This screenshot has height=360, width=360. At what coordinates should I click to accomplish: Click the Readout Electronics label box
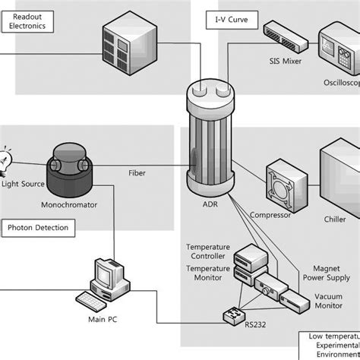pos(28,20)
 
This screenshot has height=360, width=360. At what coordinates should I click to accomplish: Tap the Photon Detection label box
pos(38,227)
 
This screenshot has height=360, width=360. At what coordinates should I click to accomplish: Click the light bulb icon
pos(8,158)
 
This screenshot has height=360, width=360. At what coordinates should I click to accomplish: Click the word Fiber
pos(137,172)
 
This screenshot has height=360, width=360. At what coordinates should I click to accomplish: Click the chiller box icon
pos(339,179)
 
